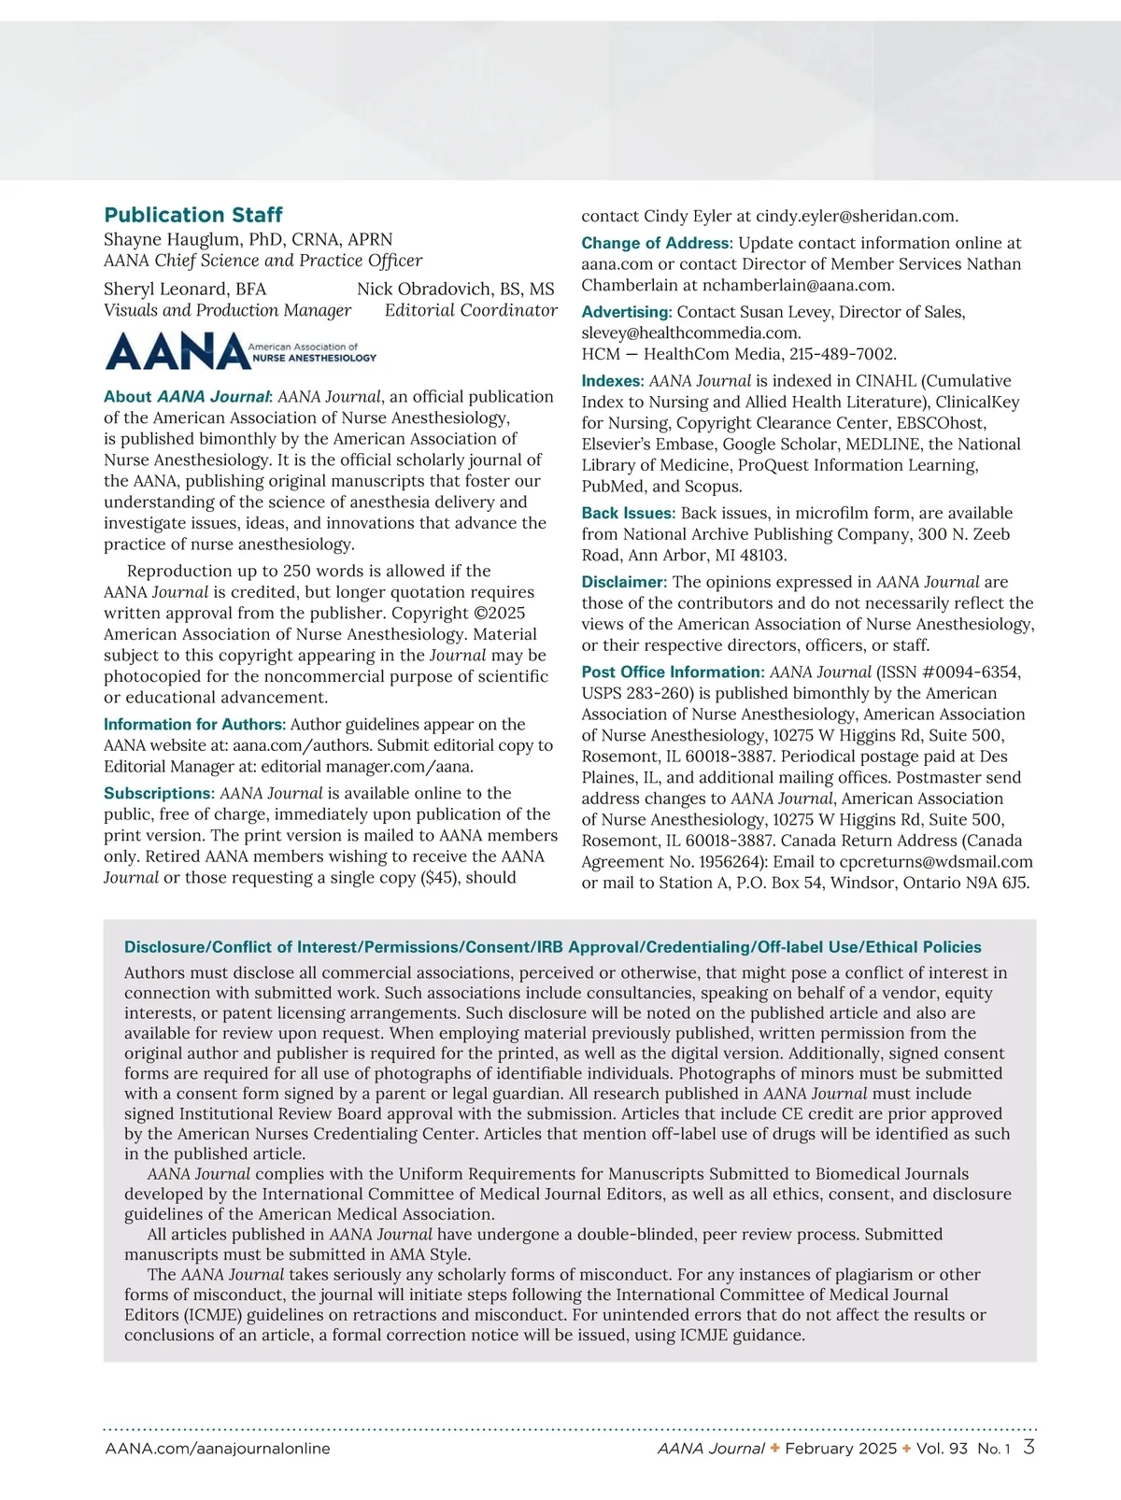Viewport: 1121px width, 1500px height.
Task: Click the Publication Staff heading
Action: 193,215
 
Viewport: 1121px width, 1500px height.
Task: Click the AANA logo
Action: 240,352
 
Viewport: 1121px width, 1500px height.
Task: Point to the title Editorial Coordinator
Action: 471,310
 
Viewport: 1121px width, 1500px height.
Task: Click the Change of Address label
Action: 656,243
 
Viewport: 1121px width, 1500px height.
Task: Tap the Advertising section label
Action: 627,312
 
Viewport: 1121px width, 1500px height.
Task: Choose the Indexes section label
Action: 613,381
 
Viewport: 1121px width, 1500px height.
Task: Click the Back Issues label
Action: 628,513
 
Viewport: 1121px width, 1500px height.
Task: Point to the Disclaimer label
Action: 624,582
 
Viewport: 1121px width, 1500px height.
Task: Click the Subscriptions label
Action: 159,793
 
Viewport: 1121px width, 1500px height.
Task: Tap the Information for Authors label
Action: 194,724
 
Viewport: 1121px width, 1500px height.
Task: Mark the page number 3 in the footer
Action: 1029,1448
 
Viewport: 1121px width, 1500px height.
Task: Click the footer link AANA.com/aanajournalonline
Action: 218,1449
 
